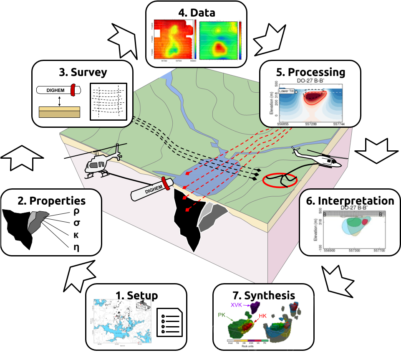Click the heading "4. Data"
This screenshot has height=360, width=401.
coord(197,13)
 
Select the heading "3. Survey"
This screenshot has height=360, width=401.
coord(83,72)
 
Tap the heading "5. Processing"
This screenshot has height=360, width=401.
coord(310,72)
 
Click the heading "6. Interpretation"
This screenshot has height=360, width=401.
coord(350,201)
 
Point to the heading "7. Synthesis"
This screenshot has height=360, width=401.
coord(263,296)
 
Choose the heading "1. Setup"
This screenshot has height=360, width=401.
coord(136,296)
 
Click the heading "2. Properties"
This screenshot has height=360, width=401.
coord(52,201)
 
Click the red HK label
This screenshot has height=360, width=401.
coord(262,316)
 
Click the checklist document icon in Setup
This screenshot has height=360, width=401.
coord(169,322)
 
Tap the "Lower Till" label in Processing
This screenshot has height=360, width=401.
coord(288,91)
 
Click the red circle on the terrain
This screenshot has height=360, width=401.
coord(280,181)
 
